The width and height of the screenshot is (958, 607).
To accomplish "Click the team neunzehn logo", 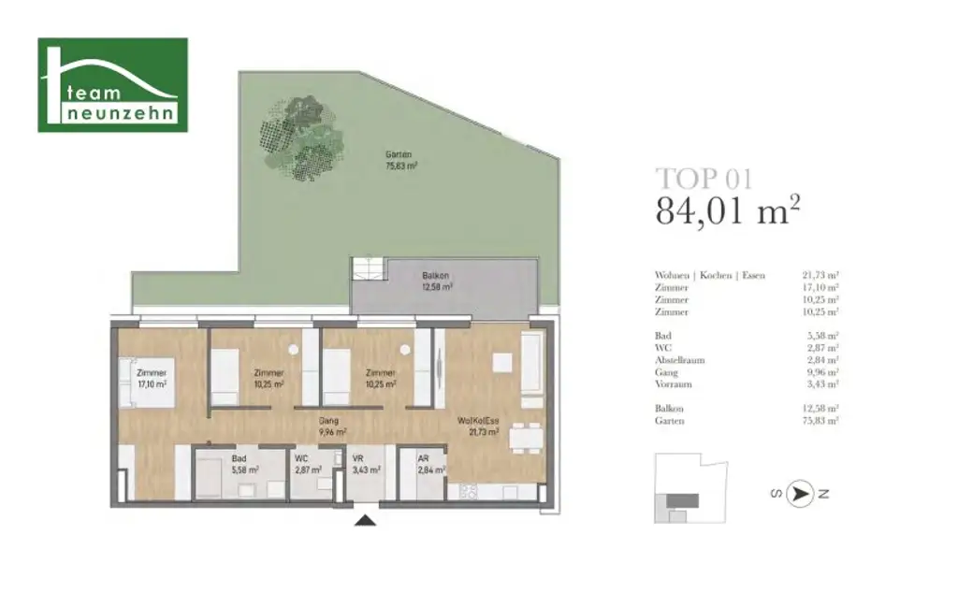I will (x=112, y=85).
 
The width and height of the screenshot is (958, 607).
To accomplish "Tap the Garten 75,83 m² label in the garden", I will (x=400, y=160).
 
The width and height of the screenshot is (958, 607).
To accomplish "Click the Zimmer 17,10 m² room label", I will (x=151, y=378).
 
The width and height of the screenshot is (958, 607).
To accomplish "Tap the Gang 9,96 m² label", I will (x=332, y=426).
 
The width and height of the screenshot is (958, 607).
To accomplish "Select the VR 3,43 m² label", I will (x=365, y=464).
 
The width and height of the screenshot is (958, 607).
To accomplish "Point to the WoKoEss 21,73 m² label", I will (x=477, y=426).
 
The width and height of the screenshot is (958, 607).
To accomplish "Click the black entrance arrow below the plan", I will (x=366, y=520).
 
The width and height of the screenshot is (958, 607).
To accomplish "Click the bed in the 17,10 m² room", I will (x=143, y=383).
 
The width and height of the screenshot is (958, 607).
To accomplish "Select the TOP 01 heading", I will (x=704, y=178).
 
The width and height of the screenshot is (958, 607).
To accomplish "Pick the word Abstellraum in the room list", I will (x=680, y=360).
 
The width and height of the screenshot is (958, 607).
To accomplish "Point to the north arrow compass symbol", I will (x=799, y=495).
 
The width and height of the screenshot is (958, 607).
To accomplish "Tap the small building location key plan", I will (x=690, y=486).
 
